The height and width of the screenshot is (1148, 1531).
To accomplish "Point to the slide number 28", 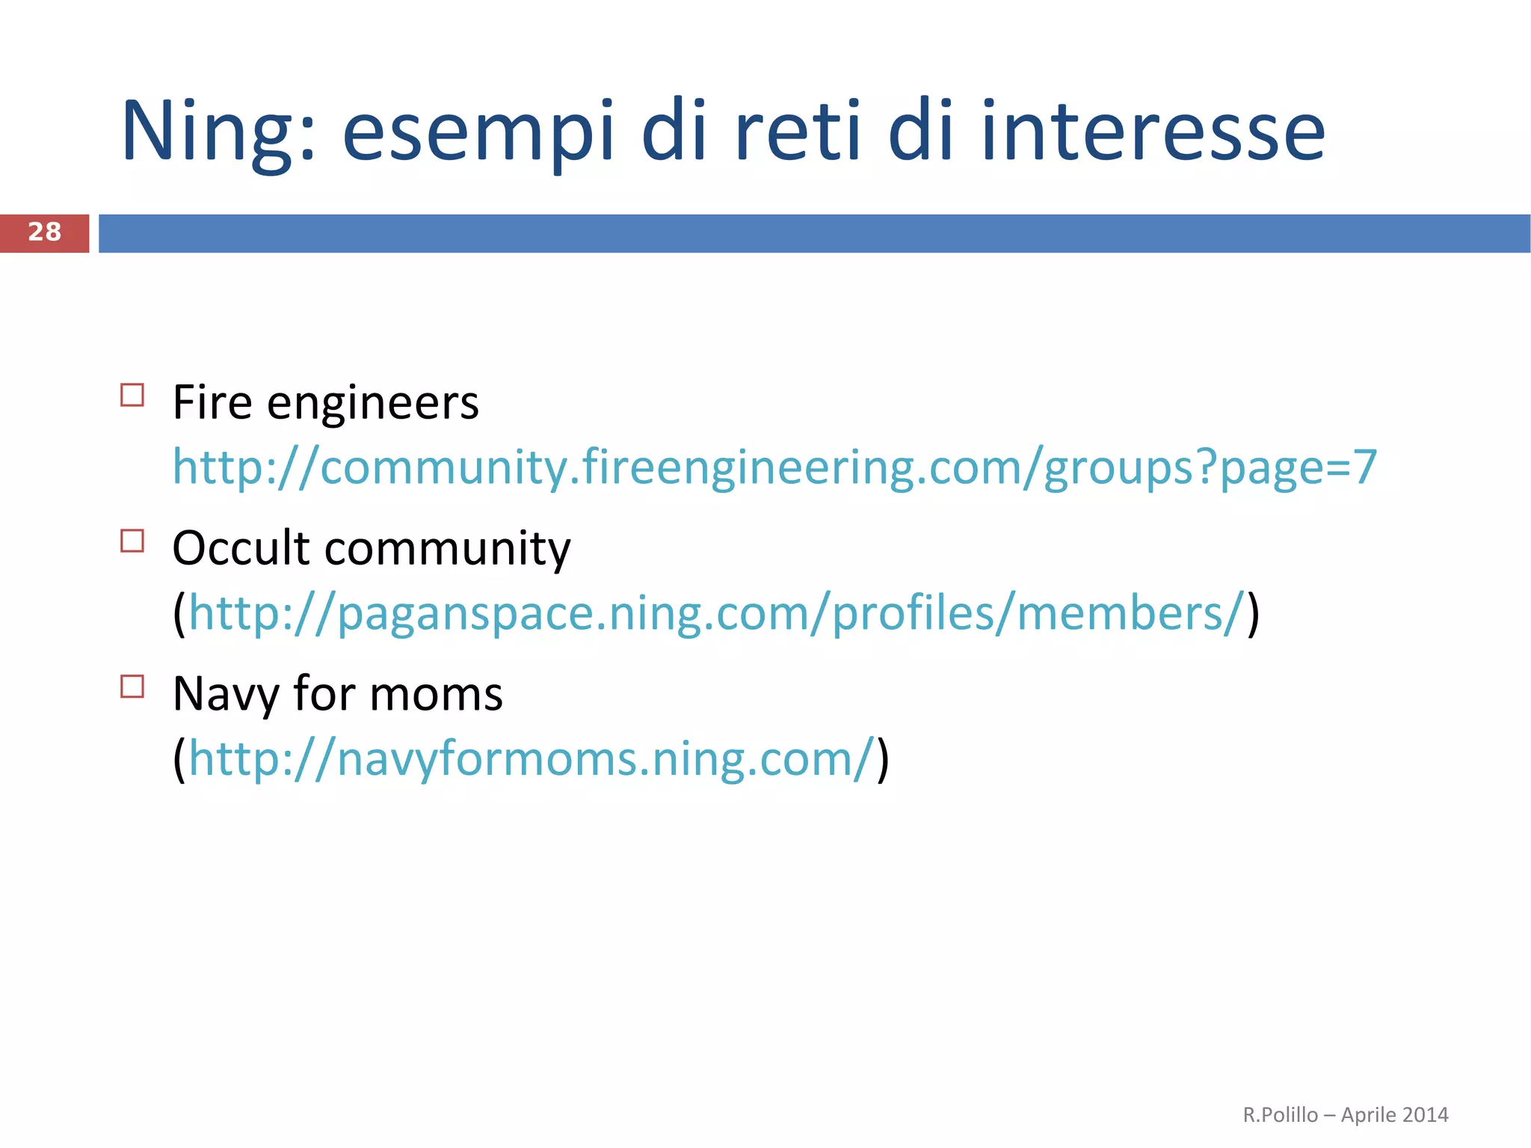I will [44, 233].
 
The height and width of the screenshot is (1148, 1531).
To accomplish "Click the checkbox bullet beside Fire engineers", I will [132, 395].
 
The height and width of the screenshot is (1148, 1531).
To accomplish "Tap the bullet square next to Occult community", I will [132, 541].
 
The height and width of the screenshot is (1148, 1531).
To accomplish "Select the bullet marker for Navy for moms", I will [132, 687].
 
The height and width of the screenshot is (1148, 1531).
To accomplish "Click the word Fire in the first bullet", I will [212, 402].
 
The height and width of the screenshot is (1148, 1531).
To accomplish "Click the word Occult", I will [241, 547].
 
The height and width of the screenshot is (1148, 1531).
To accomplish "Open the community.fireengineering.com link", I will [774, 467].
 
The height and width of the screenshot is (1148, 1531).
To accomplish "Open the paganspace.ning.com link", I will [716, 613].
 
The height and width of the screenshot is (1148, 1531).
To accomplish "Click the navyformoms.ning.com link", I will [531, 759].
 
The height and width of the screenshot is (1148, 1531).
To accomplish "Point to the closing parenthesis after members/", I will [1253, 613].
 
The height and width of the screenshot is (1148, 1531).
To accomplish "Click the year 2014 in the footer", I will [1426, 1115].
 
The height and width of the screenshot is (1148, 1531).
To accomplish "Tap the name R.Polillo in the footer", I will [1280, 1115].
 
